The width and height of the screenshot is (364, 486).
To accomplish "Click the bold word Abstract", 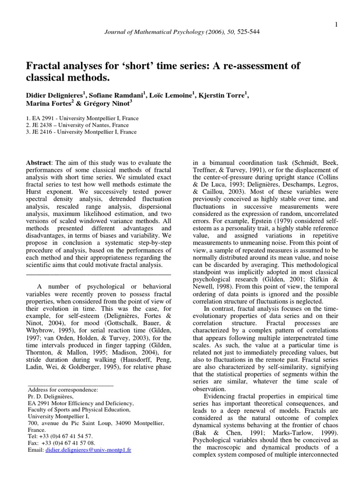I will coord(38,162).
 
